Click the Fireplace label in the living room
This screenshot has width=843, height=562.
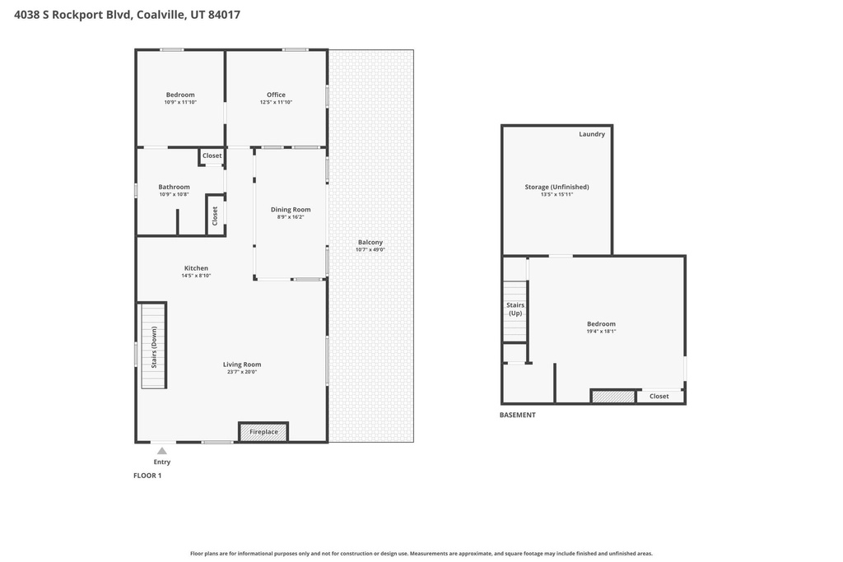263,432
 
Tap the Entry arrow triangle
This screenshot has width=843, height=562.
162,451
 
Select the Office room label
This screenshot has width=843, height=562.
276,95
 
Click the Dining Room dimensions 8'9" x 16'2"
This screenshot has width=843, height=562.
291,217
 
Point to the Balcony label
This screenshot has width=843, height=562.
370,242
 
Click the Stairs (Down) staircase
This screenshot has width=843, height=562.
154,345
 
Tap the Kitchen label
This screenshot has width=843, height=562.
196,268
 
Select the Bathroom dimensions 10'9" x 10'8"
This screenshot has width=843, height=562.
174,194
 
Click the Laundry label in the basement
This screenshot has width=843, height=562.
592,134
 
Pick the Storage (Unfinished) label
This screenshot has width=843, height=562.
557,187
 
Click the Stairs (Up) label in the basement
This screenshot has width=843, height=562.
515,309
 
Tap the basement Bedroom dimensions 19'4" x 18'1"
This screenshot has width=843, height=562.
601,332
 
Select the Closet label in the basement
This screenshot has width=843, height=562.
659,397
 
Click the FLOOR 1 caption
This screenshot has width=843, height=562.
147,476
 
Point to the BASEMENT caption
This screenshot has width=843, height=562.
518,415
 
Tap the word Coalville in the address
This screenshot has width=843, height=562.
161,15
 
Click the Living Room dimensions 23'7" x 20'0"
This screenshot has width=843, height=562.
242,372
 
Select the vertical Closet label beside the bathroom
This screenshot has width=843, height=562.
215,216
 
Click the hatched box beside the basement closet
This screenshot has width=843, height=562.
613,397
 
